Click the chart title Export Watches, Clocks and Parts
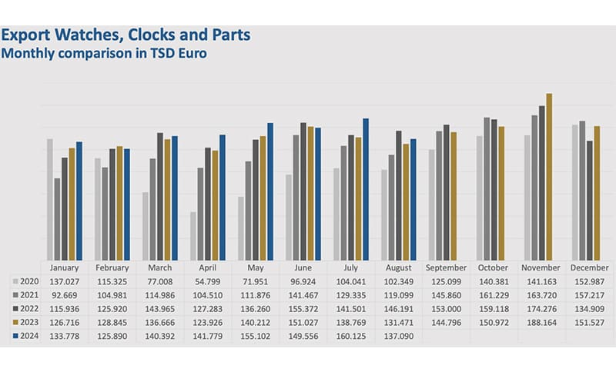tap(126, 35)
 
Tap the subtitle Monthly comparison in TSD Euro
tap(105, 54)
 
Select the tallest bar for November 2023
tap(549, 177)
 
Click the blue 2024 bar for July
tap(366, 189)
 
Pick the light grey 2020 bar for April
tap(192, 236)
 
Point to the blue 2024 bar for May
tap(270, 191)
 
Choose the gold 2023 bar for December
tap(597, 193)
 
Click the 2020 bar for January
tap(50, 199)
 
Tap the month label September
tap(445, 268)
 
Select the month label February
tap(112, 268)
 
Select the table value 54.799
tap(206, 281)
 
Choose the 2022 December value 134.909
tap(588, 309)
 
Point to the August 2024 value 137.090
tap(397, 337)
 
